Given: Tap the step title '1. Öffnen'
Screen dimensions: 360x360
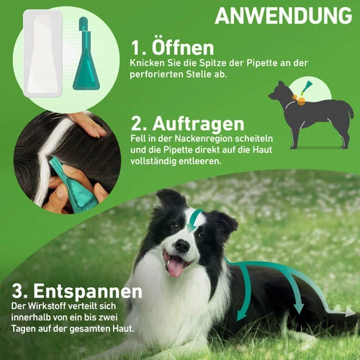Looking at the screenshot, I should (x=172, y=48).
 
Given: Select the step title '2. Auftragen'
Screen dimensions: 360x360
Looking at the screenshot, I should (x=188, y=125).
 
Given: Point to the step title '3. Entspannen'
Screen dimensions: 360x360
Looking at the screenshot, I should (x=75, y=292).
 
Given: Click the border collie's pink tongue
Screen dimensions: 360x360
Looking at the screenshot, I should (x=174, y=266).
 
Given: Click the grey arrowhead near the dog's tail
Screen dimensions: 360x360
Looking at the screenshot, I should (x=350, y=312).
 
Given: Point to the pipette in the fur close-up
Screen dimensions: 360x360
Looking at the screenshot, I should (x=72, y=184).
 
